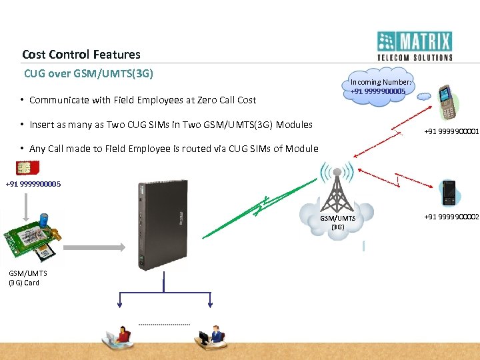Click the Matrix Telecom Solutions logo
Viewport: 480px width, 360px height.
(x=415, y=46)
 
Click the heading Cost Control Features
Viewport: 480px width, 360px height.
(x=81, y=55)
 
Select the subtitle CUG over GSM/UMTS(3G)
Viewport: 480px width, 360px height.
(x=89, y=73)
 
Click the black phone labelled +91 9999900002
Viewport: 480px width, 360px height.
(x=449, y=193)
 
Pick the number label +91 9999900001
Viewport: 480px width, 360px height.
(x=451, y=131)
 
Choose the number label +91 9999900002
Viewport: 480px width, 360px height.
(x=451, y=216)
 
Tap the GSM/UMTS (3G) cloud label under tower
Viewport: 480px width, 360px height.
(x=337, y=223)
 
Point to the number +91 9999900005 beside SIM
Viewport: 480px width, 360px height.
(x=33, y=184)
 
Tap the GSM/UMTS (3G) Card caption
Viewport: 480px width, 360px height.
(x=24, y=278)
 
